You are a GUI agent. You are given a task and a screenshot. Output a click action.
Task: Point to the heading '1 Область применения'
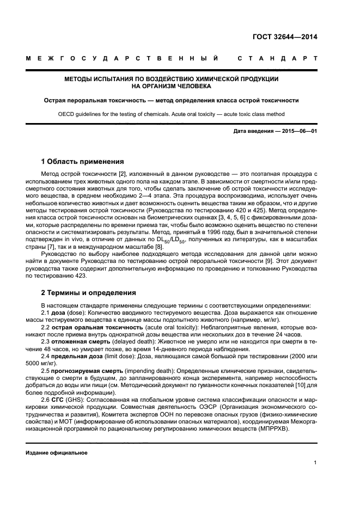(82, 162)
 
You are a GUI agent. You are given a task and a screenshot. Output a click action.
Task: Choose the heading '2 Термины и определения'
(89, 293)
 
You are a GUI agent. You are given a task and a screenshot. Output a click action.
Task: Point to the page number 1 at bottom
(315, 463)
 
